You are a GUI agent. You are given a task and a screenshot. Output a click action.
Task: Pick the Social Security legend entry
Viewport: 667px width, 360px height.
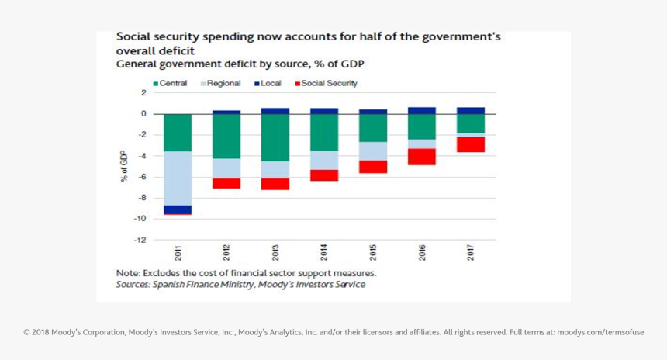325,84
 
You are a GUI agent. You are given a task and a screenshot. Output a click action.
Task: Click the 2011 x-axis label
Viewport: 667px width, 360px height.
178,253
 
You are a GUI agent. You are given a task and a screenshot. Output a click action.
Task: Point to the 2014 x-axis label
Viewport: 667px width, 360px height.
324,253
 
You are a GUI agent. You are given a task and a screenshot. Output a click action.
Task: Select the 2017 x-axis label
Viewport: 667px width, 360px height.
471,253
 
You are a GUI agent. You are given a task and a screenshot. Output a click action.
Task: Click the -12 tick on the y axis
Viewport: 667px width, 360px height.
140,240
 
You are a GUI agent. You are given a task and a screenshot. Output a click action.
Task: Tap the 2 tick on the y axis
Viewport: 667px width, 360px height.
143,93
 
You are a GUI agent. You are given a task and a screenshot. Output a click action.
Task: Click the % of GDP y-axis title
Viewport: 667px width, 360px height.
124,166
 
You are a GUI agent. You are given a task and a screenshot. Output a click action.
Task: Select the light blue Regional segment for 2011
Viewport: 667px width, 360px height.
178,178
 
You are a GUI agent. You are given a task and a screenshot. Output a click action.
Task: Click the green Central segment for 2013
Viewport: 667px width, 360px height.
275,137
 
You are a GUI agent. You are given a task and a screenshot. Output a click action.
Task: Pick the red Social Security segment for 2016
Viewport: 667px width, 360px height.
422,157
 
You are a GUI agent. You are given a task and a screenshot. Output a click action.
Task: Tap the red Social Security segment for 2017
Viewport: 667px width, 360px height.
471,144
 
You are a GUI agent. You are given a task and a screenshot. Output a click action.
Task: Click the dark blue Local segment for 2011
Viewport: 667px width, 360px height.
178,209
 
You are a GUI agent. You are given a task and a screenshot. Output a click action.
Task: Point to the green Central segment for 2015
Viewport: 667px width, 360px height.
373,128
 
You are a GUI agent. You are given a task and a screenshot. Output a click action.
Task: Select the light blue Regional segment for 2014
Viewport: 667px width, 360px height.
324,160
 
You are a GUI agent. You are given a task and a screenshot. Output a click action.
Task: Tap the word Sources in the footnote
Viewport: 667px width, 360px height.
133,285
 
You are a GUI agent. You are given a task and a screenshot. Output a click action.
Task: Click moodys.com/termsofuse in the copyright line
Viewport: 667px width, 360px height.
600,332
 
